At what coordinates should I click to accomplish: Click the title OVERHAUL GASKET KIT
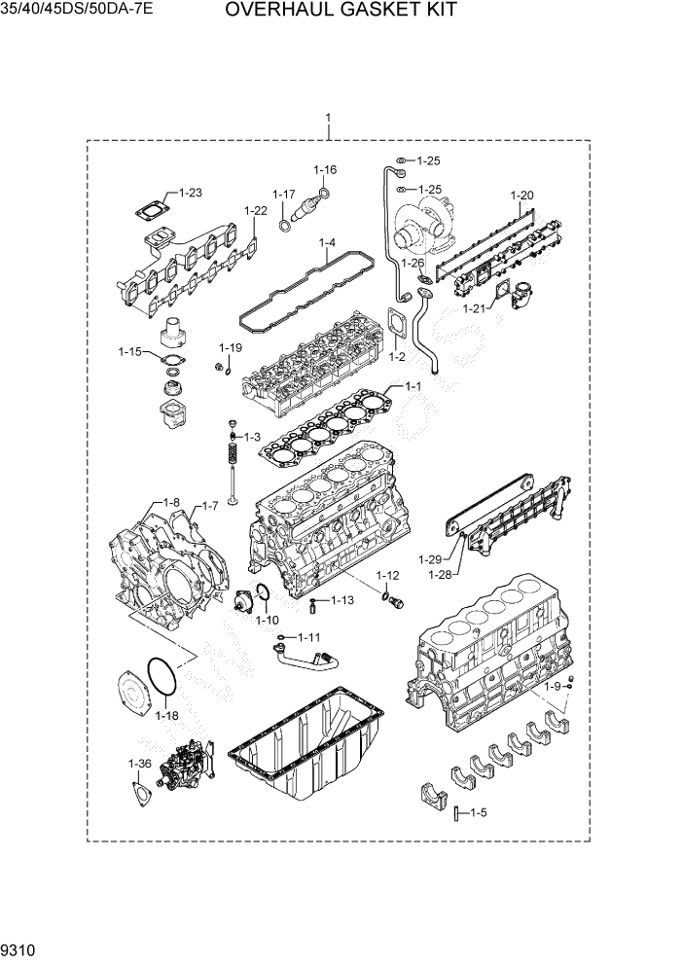tap(341, 12)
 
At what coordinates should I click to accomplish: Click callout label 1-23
tap(189, 193)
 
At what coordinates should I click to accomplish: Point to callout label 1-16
tap(325, 169)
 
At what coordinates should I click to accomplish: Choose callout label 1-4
tap(326, 242)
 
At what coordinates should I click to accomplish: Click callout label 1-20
tap(521, 196)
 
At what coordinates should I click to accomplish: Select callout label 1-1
tap(412, 386)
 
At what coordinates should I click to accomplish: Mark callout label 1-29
tap(430, 559)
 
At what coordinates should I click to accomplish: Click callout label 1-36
tap(139, 764)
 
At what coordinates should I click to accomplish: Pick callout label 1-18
tap(166, 715)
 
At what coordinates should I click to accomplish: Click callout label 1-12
tap(387, 576)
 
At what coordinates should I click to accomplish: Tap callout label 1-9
tap(552, 687)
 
